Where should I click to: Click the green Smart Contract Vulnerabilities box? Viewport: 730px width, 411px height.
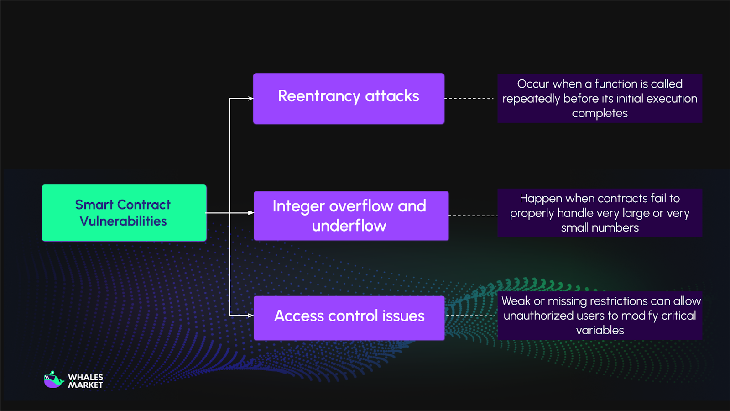tap(124, 213)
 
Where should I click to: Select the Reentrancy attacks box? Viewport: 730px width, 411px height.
tap(349, 99)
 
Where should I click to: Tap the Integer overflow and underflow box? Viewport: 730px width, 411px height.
tap(351, 216)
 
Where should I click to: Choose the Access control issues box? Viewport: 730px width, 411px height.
tap(349, 318)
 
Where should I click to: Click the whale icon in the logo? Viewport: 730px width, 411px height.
tap(53, 379)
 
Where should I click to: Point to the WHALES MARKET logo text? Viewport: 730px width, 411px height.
tap(86, 381)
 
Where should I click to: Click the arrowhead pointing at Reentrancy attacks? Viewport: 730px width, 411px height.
tap(250, 98)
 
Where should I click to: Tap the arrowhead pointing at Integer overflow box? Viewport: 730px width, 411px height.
tap(250, 213)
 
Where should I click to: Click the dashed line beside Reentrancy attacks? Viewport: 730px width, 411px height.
tap(469, 98)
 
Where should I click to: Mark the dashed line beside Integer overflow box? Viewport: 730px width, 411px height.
tap(473, 216)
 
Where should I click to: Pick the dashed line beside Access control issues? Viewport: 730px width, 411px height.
tap(470, 316)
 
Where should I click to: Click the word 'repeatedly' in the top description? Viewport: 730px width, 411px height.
tap(531, 99)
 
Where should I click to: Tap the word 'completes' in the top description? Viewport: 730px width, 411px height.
tap(600, 113)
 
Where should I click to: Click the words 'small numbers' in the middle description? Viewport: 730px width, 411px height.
tap(600, 227)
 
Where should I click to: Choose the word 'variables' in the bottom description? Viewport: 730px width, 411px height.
tap(600, 330)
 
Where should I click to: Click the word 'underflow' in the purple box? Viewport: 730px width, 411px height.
tap(349, 226)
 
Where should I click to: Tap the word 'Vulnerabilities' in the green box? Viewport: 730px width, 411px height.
tap(123, 221)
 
